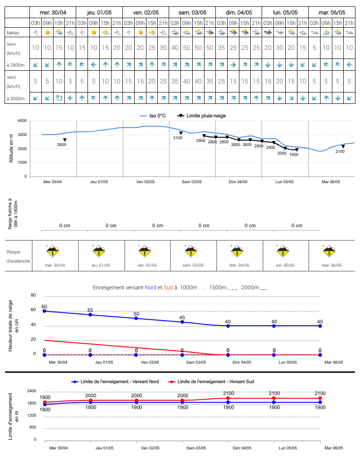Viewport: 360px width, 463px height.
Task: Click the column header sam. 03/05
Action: [x=192, y=13]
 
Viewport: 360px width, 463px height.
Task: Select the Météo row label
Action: [x=13, y=33]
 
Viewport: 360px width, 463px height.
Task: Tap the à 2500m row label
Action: [x=15, y=65]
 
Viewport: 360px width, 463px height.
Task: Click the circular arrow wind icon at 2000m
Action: [x=59, y=98]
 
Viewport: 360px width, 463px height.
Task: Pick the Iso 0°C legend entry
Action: [x=153, y=116]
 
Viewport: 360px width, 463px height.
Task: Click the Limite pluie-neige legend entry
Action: [x=201, y=116]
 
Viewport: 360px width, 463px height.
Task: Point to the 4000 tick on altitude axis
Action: [x=22, y=121]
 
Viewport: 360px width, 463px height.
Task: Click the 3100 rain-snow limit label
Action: [x=178, y=138]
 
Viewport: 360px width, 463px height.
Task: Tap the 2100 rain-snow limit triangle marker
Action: [x=343, y=146]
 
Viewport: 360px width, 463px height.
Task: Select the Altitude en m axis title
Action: [x=11, y=148]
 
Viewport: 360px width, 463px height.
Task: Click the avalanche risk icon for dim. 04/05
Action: [x=237, y=251]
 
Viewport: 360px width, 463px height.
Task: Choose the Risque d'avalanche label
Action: [x=18, y=256]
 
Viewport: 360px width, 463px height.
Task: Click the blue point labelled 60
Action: [x=44, y=311]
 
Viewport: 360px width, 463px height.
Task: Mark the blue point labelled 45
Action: [x=182, y=322]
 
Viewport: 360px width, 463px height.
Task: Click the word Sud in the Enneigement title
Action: [x=168, y=288]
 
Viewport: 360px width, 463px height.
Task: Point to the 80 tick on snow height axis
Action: [x=34, y=295]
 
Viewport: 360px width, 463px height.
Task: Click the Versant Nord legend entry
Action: [x=115, y=381]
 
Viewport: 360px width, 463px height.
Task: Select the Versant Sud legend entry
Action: [x=211, y=381]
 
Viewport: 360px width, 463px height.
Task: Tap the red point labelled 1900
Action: [x=45, y=402]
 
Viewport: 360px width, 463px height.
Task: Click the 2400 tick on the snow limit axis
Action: [x=32, y=391]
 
